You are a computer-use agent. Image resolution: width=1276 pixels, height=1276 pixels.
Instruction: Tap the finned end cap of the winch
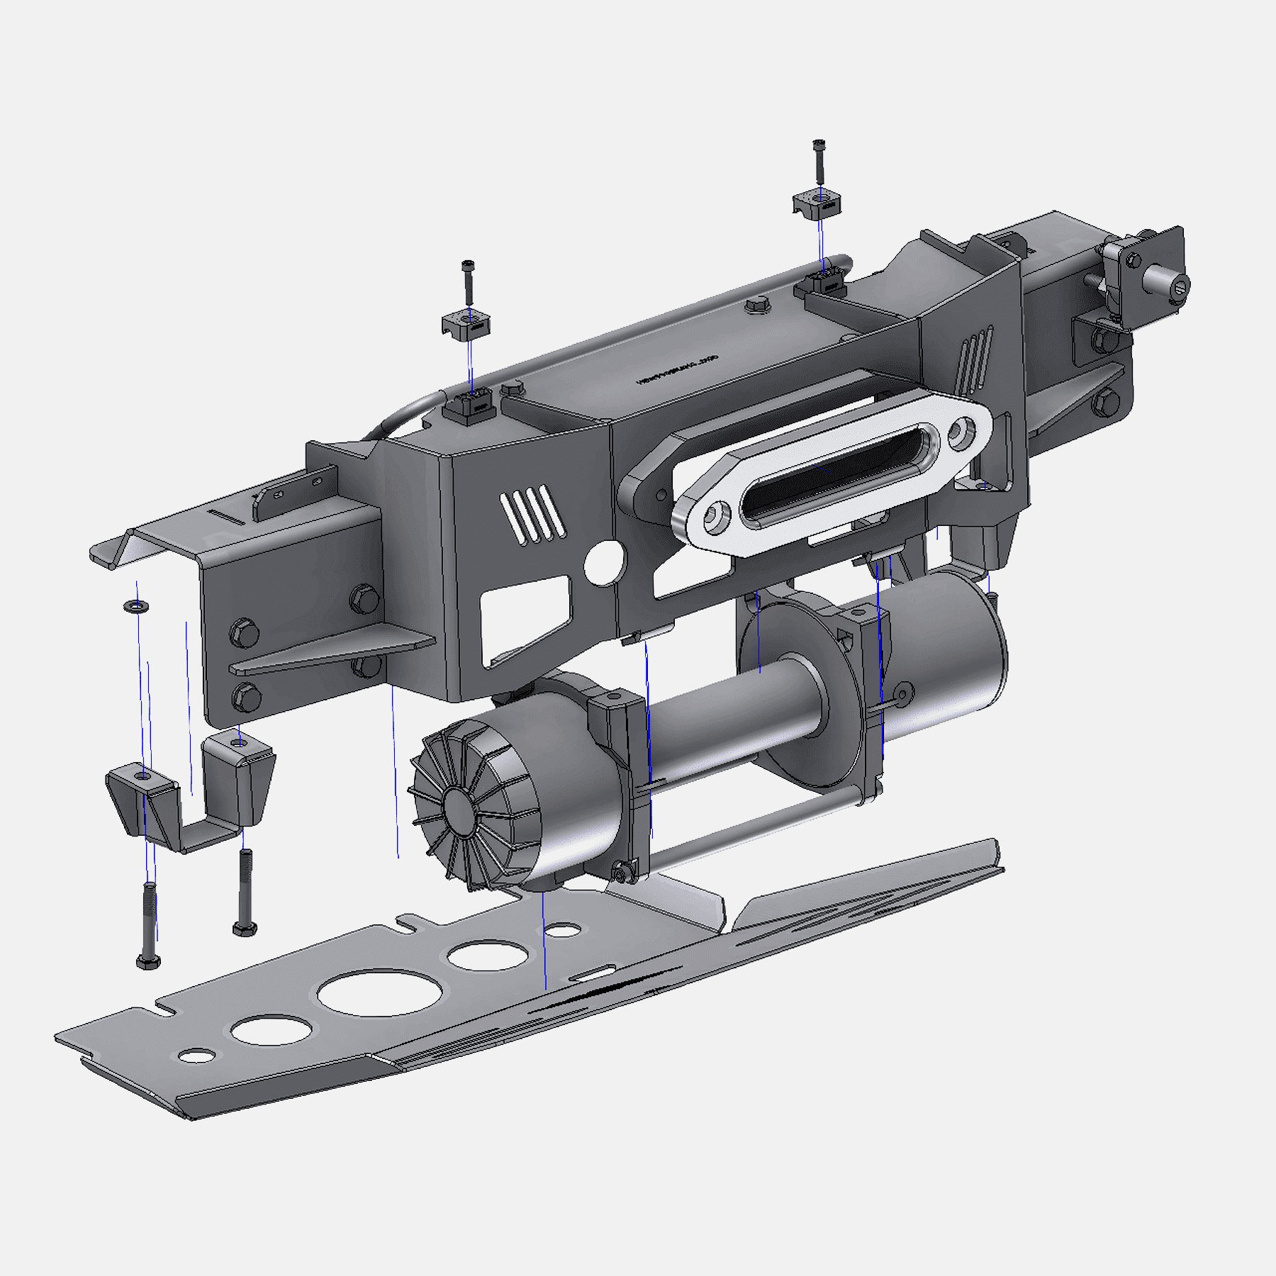coord(468,808)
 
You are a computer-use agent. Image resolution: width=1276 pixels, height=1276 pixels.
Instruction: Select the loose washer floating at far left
coord(135,606)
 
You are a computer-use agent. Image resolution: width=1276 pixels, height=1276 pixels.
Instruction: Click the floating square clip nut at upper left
coord(467,324)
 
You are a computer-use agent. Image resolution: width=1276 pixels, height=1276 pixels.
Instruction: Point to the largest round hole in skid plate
coord(381,992)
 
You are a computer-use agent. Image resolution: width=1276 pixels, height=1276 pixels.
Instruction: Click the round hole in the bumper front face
coord(605,563)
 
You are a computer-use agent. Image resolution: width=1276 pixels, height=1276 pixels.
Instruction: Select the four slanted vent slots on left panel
coord(532,514)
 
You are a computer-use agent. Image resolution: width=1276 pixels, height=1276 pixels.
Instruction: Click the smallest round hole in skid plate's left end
coord(197,1056)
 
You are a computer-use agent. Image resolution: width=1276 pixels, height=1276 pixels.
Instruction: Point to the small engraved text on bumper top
coord(677,370)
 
